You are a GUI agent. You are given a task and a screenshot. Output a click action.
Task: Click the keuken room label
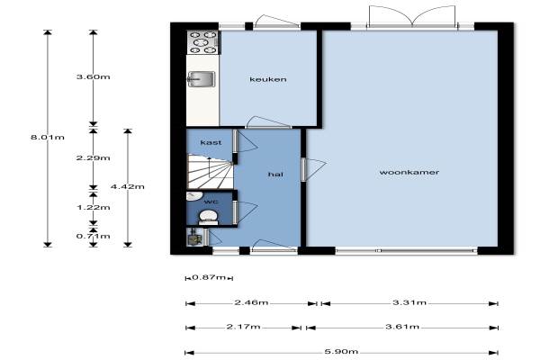coord(268,79)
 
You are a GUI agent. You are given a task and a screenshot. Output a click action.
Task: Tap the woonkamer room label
coord(409,172)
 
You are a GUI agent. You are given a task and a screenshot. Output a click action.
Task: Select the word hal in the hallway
coord(275,175)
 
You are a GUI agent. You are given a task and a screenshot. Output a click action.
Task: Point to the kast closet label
coord(211,142)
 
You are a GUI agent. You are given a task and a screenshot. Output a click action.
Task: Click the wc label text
coord(211,202)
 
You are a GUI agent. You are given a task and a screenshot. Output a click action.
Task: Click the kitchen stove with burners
coord(203,42)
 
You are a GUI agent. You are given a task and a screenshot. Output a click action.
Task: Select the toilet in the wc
coord(209,218)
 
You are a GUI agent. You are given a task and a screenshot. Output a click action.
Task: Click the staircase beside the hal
coord(210,171)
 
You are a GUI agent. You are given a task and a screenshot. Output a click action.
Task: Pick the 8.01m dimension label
coord(48,137)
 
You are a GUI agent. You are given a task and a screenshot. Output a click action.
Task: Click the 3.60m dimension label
coord(94,76)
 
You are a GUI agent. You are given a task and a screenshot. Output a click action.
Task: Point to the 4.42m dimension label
coord(128,186)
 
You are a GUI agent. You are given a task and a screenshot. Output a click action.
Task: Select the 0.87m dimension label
coord(209,277)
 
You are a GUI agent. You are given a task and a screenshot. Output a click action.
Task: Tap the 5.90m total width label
coord(341,352)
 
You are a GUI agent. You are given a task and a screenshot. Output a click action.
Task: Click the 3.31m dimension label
coord(409,302)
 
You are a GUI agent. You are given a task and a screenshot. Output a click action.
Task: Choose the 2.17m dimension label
coord(244,326)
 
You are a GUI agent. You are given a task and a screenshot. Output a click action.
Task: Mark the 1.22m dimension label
coord(94,207)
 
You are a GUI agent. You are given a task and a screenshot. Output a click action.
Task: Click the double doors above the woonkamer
coord(412,15)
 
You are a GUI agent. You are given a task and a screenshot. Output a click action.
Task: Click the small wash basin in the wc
coord(193,195)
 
